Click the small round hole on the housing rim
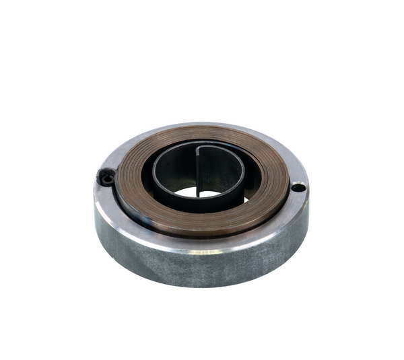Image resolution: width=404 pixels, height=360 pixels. point(297,187)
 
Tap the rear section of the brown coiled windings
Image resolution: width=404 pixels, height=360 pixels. point(202,133)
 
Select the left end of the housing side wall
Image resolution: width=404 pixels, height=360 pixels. point(101,225)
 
